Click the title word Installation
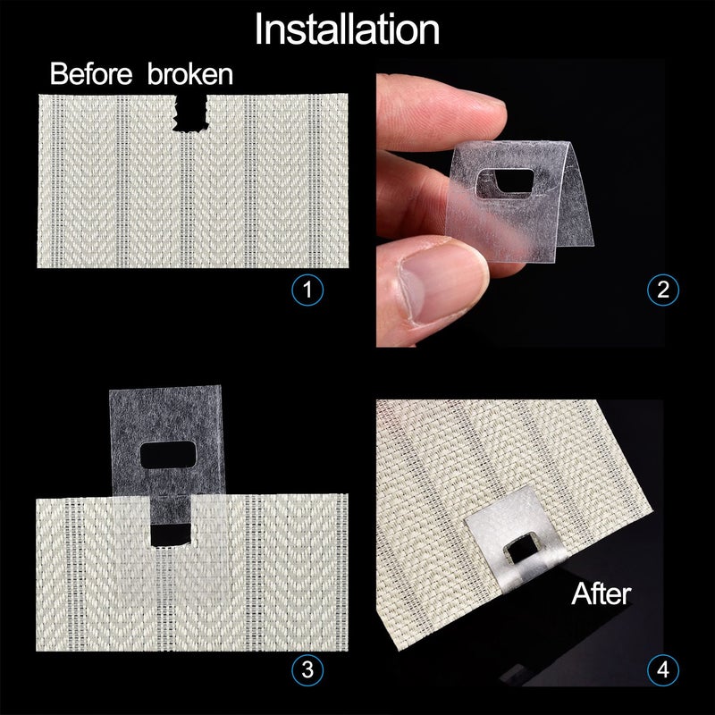tap(347, 29)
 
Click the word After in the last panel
tap(601, 593)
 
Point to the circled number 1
tap(307, 290)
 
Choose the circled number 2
tap(663, 290)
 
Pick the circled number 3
tap(307, 669)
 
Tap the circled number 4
tap(663, 669)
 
